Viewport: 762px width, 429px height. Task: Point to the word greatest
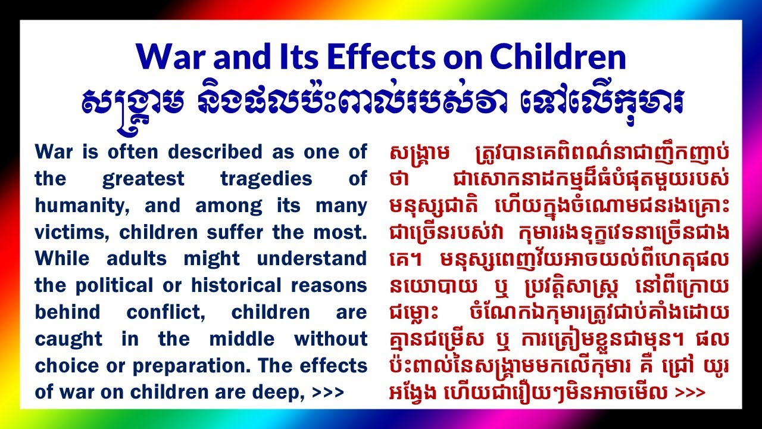(140, 179)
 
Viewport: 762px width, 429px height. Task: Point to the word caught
(68, 339)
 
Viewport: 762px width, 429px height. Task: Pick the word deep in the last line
(286, 393)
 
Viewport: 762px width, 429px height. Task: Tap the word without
(330, 339)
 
